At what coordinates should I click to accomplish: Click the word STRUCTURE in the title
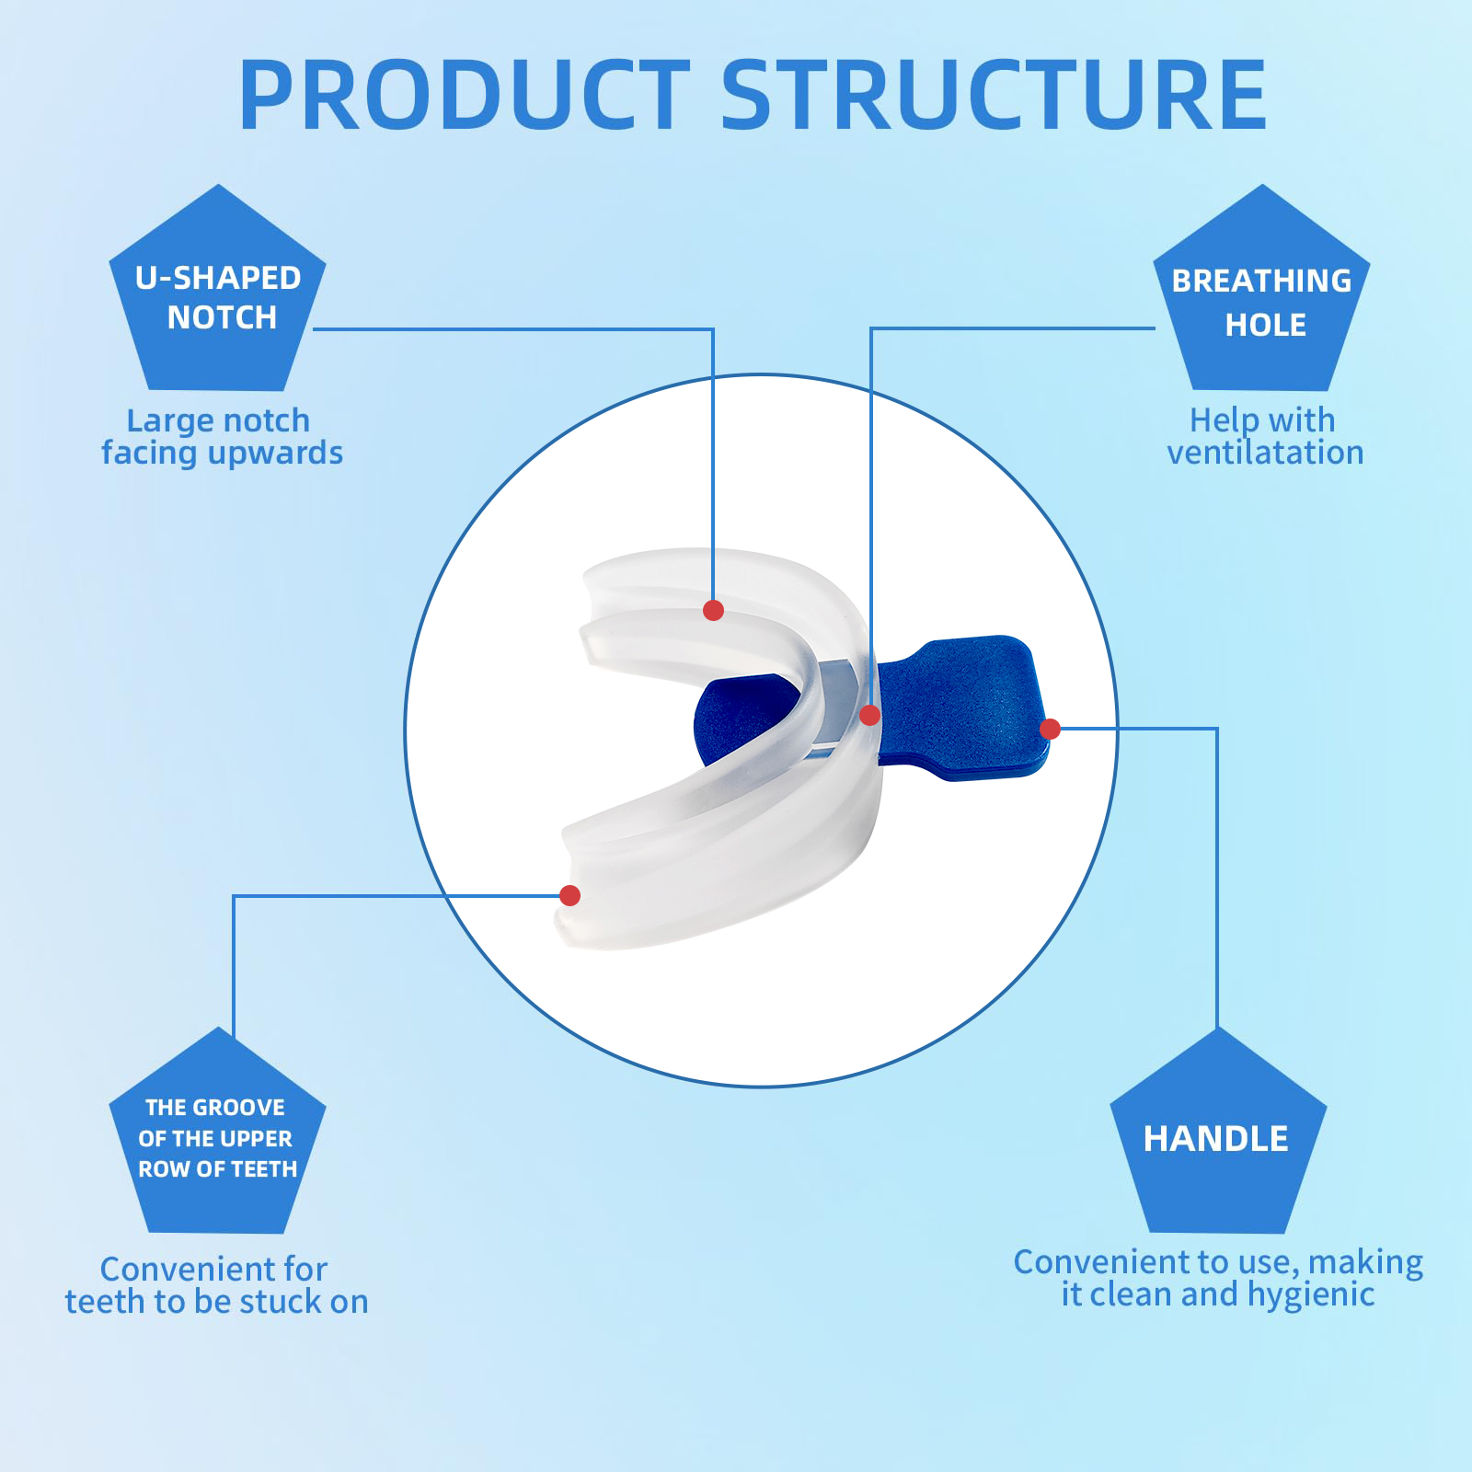pyautogui.click(x=994, y=96)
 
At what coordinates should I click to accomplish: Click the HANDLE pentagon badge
pyautogui.click(x=1217, y=1139)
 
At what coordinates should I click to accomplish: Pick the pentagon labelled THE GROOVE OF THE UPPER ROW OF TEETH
pyautogui.click(x=218, y=1139)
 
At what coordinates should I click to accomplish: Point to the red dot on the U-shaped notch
pyautogui.click(x=713, y=610)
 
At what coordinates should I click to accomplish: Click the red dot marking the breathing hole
pyautogui.click(x=869, y=715)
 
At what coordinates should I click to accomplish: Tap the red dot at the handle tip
pyautogui.click(x=1050, y=730)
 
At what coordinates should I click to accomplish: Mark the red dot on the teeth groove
pyautogui.click(x=569, y=895)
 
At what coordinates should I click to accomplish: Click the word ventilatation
pyautogui.click(x=1265, y=453)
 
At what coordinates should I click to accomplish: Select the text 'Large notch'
pyautogui.click(x=218, y=420)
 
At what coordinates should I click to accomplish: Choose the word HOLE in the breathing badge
pyautogui.click(x=1266, y=325)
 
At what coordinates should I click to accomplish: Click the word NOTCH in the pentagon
pyautogui.click(x=222, y=317)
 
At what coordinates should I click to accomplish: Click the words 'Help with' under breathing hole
pyautogui.click(x=1262, y=420)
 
